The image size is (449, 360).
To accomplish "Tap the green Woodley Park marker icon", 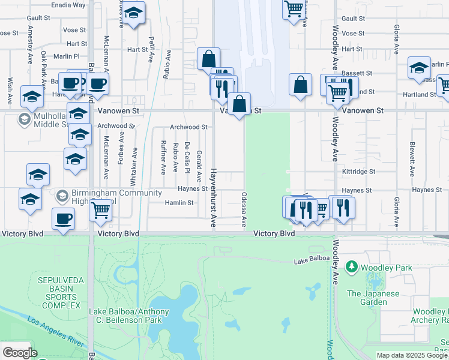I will [351, 267].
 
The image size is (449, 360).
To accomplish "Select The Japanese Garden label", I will [372, 298].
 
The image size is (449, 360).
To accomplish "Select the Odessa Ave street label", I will [244, 209].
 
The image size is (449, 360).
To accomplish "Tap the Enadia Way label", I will [68, 5].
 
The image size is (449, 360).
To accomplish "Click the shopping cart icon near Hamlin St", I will [101, 210].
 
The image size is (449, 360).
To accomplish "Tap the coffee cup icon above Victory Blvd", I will [63, 218].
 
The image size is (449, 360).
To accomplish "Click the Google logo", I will [20, 353].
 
